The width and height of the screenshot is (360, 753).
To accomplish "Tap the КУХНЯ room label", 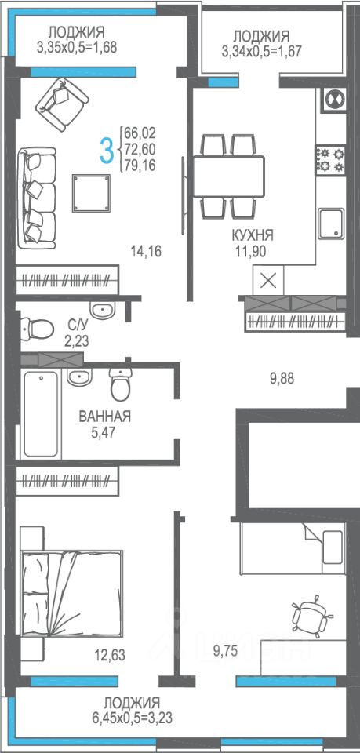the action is point(253,235).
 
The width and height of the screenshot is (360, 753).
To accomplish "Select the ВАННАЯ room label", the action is point(104,417).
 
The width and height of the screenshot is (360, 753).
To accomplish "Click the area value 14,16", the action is point(146,250).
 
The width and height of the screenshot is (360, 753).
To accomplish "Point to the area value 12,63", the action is point(111,653).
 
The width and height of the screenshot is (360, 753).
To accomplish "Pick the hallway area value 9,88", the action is point(282,379).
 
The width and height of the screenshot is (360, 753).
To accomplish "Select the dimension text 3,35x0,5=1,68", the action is point(77,48).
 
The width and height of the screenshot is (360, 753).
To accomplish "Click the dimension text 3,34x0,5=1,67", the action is point(262,51).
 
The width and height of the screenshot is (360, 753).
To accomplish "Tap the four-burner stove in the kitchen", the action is point(331,160).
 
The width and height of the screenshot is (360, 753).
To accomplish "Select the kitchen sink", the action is point(331,224).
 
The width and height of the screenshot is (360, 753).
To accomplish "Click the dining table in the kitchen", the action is point(228,176).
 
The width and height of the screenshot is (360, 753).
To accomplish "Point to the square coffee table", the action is point(91,193).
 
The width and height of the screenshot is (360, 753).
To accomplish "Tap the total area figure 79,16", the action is point(140,166).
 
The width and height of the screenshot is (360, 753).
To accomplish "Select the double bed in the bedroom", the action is point(71,593).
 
